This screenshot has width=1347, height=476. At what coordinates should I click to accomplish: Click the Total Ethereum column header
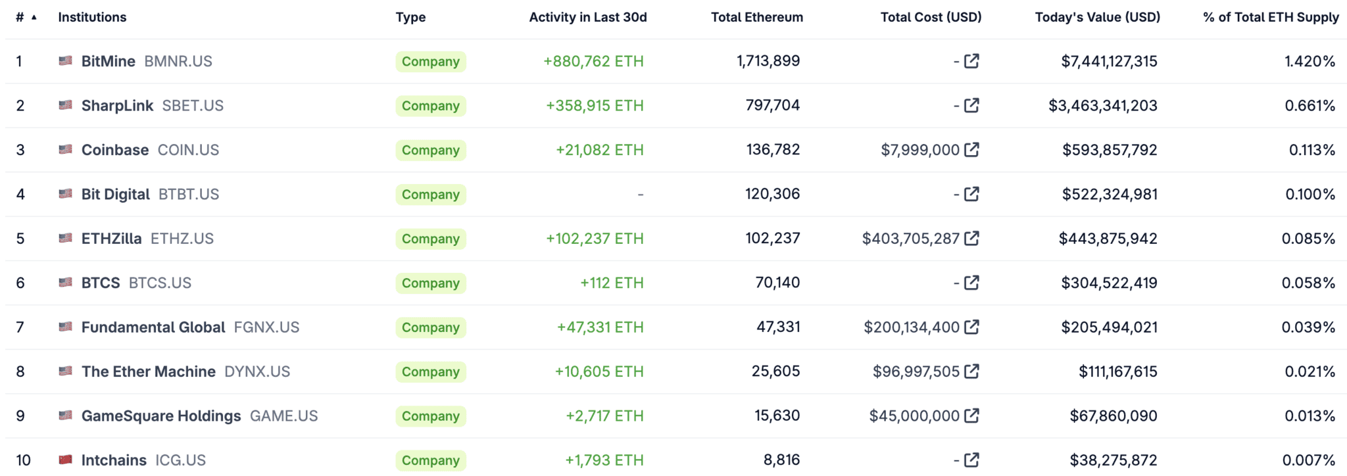pyautogui.click(x=756, y=18)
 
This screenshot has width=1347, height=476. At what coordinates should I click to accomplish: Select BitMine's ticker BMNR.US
pyautogui.click(x=178, y=62)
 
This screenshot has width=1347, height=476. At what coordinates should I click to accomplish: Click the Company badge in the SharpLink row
pyautogui.click(x=431, y=106)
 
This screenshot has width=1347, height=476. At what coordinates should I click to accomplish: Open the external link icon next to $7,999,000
pyautogui.click(x=971, y=150)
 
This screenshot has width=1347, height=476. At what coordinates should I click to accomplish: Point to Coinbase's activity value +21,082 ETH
pyautogui.click(x=599, y=150)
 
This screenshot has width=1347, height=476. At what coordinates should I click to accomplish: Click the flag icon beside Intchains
pyautogui.click(x=65, y=460)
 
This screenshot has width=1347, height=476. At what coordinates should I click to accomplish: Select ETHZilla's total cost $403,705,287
pyautogui.click(x=910, y=239)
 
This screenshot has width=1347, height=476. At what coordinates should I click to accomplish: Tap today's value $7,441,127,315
pyautogui.click(x=1109, y=62)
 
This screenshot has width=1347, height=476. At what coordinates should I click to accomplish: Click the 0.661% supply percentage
pyautogui.click(x=1310, y=106)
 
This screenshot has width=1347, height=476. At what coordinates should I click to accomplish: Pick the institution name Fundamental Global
pyautogui.click(x=153, y=327)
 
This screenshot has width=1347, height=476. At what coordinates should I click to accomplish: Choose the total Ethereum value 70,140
pyautogui.click(x=777, y=283)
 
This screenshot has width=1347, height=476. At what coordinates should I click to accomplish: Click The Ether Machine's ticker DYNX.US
pyautogui.click(x=257, y=371)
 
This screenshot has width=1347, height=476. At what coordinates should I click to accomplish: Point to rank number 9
pyautogui.click(x=20, y=416)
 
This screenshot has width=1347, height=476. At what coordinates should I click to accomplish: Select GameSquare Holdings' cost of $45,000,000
pyautogui.click(x=914, y=416)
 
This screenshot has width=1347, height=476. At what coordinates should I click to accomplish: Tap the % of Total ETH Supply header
pyautogui.click(x=1271, y=18)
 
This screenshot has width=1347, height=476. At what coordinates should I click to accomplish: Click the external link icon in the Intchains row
pyautogui.click(x=971, y=460)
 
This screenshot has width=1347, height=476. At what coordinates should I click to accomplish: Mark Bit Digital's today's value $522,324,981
pyautogui.click(x=1110, y=195)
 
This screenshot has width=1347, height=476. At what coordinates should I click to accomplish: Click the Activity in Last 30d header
pyautogui.click(x=588, y=18)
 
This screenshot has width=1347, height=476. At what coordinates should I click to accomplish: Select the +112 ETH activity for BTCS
pyautogui.click(x=612, y=283)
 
